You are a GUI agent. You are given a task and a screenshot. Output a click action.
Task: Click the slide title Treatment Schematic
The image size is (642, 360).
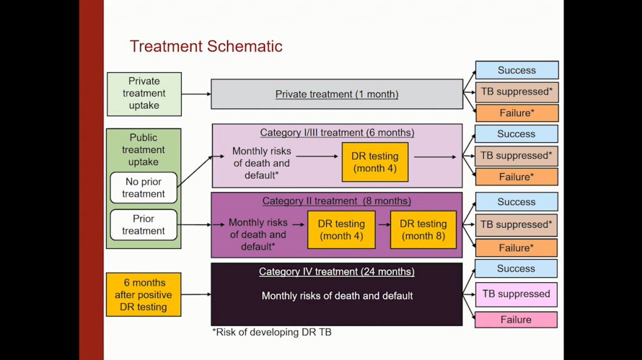[206, 46]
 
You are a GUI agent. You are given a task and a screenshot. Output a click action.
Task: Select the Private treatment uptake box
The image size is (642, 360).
[144, 93]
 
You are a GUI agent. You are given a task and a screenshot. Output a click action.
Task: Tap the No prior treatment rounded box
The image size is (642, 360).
[144, 188]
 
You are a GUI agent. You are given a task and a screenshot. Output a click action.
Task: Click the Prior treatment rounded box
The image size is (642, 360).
[144, 225]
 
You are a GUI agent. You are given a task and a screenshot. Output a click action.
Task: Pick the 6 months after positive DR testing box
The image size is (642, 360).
[144, 295]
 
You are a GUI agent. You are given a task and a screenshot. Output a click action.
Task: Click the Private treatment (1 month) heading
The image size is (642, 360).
[337, 94]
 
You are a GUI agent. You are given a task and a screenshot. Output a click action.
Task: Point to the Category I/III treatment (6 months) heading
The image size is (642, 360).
[337, 132]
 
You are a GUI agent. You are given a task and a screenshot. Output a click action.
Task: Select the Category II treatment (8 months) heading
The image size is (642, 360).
[337, 201]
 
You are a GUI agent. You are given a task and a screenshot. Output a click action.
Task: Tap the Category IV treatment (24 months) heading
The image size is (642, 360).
[337, 272]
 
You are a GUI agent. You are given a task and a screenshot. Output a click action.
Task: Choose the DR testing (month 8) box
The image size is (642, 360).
[423, 230]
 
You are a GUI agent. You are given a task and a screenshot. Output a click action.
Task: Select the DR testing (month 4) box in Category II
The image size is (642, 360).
[341, 230]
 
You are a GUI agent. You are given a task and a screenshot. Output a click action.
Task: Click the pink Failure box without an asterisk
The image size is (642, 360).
[515, 320]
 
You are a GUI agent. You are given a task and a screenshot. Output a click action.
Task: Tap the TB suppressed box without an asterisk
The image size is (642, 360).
[515, 294]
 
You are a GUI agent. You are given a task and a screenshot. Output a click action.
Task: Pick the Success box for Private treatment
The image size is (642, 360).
[517, 70]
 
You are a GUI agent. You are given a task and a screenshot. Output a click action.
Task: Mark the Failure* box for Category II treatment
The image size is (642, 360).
[517, 248]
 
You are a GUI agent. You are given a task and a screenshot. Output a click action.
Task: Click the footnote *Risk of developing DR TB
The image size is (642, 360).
[271, 332]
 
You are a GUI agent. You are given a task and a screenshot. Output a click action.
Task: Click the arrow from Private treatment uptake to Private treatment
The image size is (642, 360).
[196, 94]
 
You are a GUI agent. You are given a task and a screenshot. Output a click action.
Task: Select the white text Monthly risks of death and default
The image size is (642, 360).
[337, 295]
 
